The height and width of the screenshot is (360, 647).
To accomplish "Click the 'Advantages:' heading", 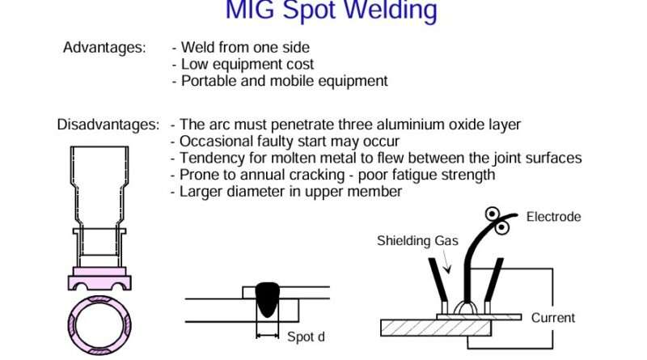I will (104, 47).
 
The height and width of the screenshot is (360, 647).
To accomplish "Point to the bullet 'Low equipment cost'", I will (243, 64).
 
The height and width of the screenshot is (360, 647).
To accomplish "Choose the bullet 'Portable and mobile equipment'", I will (279, 81).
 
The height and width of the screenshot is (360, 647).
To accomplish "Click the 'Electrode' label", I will (553, 217).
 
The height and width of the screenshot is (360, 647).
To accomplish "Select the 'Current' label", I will (553, 318).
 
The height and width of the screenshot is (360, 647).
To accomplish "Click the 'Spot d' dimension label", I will (306, 337).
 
